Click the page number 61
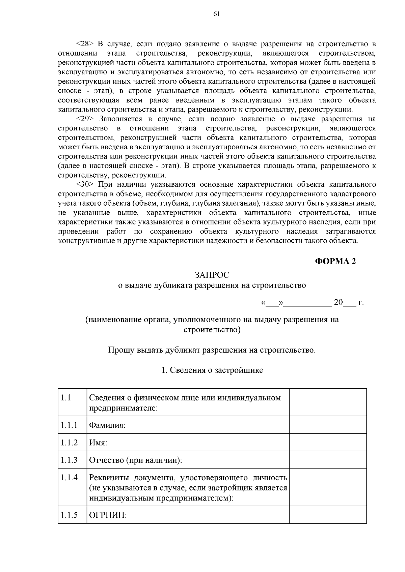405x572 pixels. click(x=216, y=14)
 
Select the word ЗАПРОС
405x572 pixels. click(x=212, y=275)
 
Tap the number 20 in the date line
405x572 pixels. click(x=338, y=302)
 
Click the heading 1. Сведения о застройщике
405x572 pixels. click(x=212, y=370)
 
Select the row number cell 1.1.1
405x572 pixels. click(x=69, y=425)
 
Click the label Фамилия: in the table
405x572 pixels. click(x=107, y=425)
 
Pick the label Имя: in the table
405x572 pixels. click(x=98, y=443)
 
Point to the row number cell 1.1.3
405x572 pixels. click(x=69, y=460)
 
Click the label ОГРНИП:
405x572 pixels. click(x=108, y=515)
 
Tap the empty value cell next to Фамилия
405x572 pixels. click(x=328, y=425)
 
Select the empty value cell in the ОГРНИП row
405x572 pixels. click(x=328, y=515)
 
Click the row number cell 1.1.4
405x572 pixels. click(x=69, y=478)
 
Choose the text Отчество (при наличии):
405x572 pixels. click(x=135, y=460)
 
